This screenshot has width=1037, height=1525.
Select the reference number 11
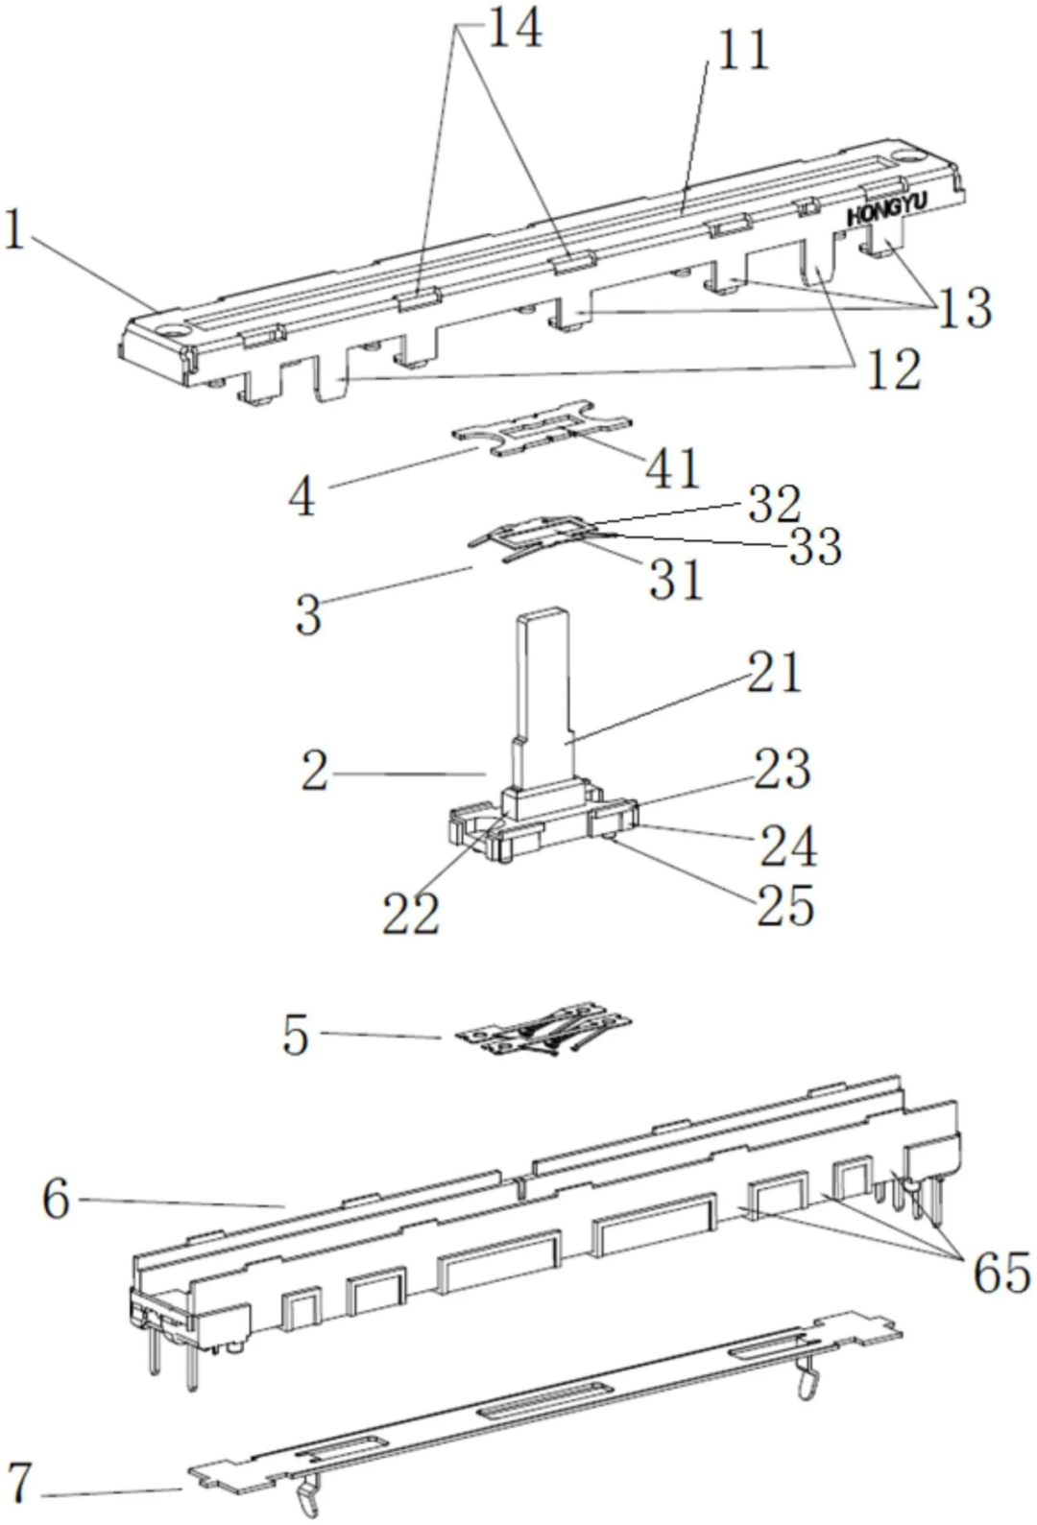[743, 50]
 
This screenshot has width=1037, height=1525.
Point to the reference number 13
[965, 308]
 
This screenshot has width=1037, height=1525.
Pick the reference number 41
[672, 469]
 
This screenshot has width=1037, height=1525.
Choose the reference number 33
[815, 546]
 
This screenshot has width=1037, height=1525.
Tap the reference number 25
[785, 905]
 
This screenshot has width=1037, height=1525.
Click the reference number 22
[411, 913]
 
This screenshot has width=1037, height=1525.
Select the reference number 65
[1001, 1274]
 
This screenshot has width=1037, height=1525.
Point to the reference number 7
[20, 1483]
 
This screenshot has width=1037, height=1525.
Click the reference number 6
[56, 1200]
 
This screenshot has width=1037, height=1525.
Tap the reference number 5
[296, 1036]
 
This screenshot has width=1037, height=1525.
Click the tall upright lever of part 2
[541, 691]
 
